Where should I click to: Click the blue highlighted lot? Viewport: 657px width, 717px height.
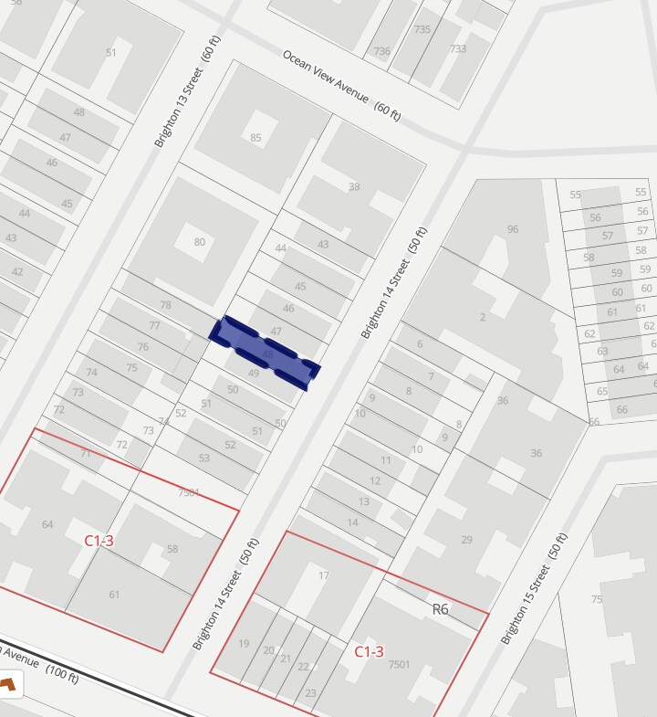click(x=265, y=353)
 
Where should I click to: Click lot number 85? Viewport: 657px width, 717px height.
click(x=255, y=138)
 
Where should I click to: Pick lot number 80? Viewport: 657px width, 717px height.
click(x=199, y=242)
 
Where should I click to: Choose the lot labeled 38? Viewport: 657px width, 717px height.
click(x=354, y=187)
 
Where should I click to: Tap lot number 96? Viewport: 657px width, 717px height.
click(x=513, y=229)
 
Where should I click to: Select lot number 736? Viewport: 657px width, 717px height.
click(x=381, y=51)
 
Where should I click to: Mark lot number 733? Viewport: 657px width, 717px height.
click(x=457, y=48)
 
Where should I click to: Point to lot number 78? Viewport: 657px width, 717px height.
click(x=165, y=305)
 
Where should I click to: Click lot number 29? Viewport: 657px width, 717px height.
click(x=466, y=540)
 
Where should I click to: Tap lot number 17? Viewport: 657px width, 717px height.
click(x=323, y=575)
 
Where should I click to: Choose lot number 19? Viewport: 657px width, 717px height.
click(x=244, y=643)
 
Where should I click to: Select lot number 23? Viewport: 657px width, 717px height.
click(x=310, y=693)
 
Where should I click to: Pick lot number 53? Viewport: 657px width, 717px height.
click(x=203, y=458)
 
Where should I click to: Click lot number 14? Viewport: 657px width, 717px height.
click(x=352, y=522)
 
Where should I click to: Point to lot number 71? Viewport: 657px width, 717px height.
click(x=86, y=453)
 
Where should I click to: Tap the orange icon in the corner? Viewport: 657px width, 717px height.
click(x=11, y=683)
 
